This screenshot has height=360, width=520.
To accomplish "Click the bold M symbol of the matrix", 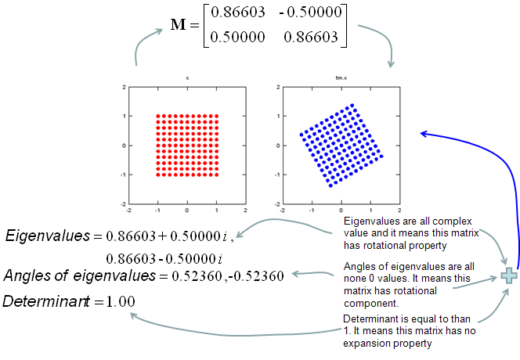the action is [178, 24].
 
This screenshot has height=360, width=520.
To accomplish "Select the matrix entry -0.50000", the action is [310, 13].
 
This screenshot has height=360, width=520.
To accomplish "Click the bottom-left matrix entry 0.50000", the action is [238, 37].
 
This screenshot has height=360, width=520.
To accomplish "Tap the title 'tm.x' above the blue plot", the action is [341, 78].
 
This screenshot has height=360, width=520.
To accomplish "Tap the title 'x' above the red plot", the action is [187, 78].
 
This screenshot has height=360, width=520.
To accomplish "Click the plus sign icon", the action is [509, 276].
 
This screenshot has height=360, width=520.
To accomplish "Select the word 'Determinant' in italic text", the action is [45, 301].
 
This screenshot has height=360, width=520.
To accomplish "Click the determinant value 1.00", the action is [121, 301].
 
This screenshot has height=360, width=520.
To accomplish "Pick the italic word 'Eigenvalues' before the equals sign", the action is [48, 236].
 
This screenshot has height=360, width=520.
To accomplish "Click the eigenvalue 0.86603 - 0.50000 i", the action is [164, 258].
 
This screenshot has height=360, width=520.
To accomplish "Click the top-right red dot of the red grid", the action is [217, 116].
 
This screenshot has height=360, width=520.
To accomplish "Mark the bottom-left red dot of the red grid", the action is [158, 175].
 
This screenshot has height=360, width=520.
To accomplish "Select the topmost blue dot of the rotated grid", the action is [352, 106].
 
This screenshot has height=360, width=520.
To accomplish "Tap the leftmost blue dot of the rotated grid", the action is [302, 135].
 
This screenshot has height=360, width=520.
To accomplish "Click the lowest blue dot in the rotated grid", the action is [330, 185].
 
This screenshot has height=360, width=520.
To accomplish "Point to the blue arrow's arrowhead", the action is [424, 134].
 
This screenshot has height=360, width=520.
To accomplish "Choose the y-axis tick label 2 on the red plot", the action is [124, 87].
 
